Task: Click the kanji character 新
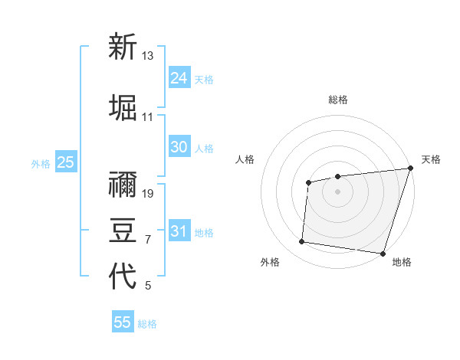point(123,47)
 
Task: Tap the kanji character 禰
point(123,185)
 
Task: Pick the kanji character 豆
point(123,231)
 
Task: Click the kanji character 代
point(123,277)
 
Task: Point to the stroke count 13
point(148,56)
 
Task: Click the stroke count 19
point(148,193)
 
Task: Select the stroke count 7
point(147,240)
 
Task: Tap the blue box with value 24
point(179,78)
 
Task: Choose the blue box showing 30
point(179,147)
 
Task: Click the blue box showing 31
point(179,231)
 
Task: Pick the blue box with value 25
point(65,162)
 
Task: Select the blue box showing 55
point(123,322)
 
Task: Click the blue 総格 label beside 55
point(147,324)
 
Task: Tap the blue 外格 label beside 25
point(41,163)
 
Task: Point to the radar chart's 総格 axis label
point(337,100)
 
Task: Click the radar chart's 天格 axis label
point(431,159)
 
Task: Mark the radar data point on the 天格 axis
point(410,168)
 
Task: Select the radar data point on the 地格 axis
point(383,253)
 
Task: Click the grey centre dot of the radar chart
point(337,191)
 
